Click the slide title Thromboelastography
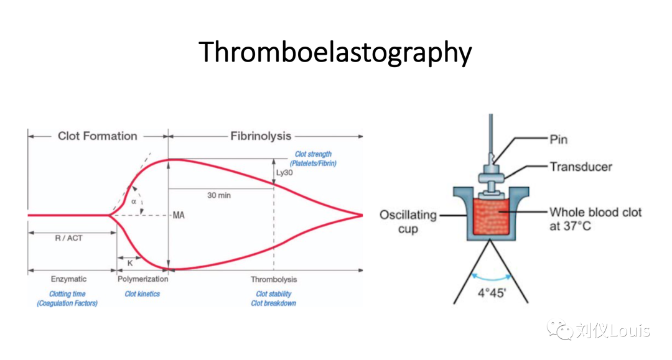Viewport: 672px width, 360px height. tap(335, 52)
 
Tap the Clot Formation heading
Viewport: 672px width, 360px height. tap(97, 136)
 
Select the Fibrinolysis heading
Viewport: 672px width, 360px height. tap(261, 136)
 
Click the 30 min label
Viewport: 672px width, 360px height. tap(219, 195)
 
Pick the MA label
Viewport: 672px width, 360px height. tap(179, 215)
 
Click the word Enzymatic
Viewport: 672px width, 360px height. tap(68, 280)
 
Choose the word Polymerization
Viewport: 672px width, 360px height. tap(142, 280)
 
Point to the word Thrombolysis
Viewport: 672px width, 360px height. tap(274, 280)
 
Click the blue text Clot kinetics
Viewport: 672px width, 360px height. tap(142, 293)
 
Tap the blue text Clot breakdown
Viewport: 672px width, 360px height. tap(274, 303)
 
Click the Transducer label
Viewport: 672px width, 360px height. tap(581, 167)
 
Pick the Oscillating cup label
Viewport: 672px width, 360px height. tap(408, 221)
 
